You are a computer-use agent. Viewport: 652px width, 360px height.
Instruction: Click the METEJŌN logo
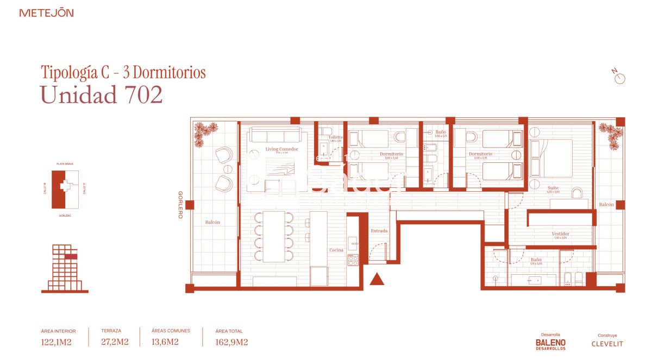click(x=46, y=12)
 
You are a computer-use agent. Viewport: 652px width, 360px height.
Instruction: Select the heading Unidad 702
click(x=101, y=95)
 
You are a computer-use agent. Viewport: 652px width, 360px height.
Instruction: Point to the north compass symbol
click(x=619, y=77)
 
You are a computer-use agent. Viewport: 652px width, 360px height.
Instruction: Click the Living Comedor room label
click(x=281, y=149)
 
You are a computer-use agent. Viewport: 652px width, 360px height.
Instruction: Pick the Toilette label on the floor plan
click(x=335, y=137)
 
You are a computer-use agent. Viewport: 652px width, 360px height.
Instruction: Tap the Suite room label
click(x=553, y=188)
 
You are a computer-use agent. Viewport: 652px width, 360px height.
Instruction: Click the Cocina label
click(x=336, y=250)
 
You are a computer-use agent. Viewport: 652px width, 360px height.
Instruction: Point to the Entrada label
click(x=379, y=231)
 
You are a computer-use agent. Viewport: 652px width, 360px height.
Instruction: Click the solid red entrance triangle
click(x=377, y=279)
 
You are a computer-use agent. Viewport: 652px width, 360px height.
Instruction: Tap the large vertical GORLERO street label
click(x=180, y=205)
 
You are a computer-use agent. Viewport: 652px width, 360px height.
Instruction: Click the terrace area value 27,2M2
click(x=115, y=342)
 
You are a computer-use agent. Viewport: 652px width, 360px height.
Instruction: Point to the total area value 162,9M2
click(x=232, y=342)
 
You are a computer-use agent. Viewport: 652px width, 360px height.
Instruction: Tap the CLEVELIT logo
click(x=607, y=344)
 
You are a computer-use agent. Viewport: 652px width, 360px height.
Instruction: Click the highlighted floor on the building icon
click(x=71, y=256)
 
